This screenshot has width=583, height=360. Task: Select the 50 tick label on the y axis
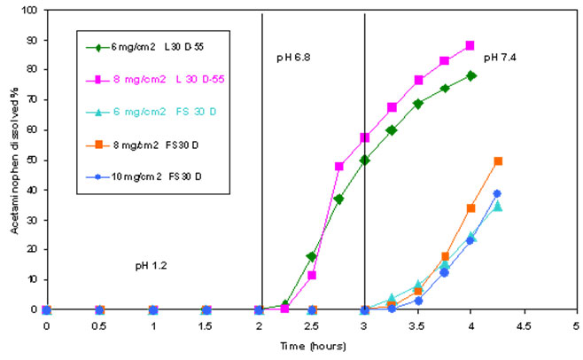click(32, 160)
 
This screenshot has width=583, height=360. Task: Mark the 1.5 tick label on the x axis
click(206, 325)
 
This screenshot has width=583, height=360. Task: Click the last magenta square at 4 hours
click(470, 45)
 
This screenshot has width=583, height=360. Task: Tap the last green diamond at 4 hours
click(470, 75)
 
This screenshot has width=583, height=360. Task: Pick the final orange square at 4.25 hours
click(497, 160)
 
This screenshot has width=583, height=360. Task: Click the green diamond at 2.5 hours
click(311, 256)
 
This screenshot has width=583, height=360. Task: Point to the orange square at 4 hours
click(470, 208)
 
